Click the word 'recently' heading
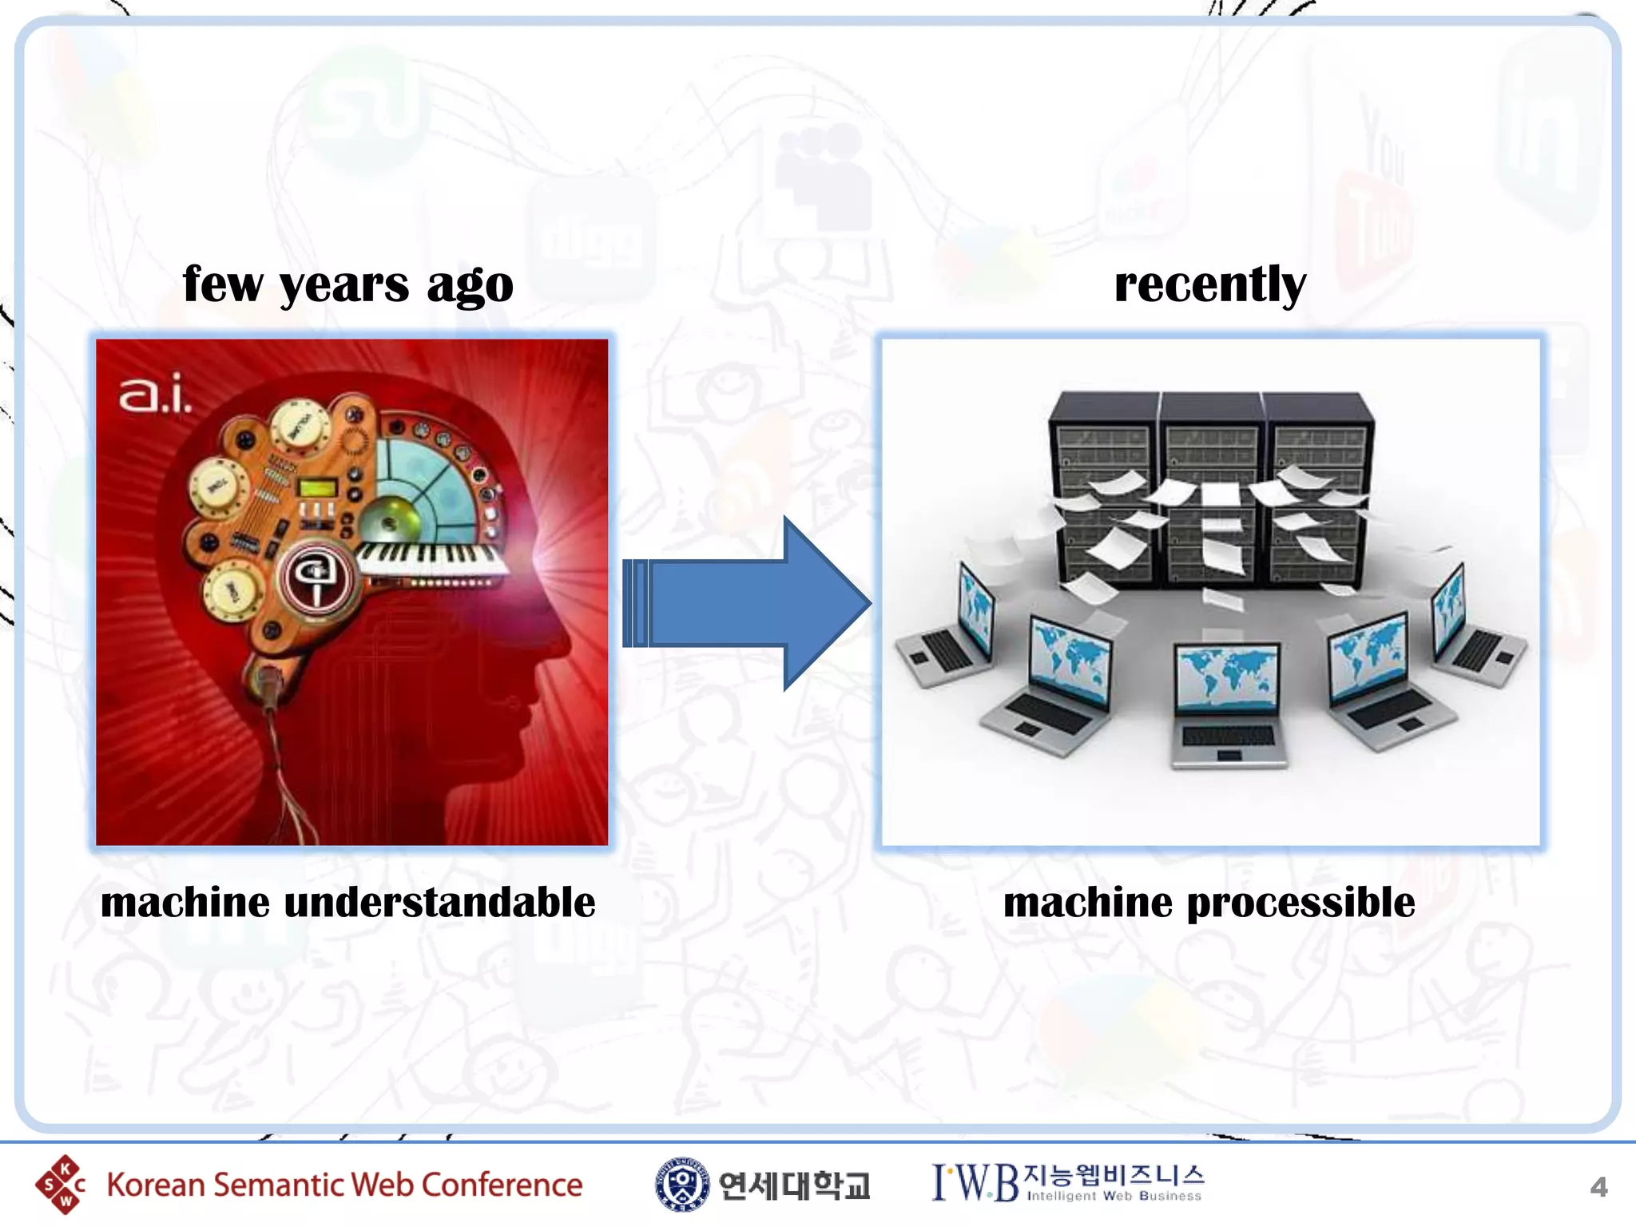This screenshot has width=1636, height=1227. click(x=1209, y=284)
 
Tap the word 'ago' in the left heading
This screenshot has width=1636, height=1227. click(x=470, y=286)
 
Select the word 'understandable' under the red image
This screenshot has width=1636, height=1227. click(x=439, y=903)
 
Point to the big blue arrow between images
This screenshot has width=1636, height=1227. click(x=747, y=603)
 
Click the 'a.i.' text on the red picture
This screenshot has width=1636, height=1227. click(x=155, y=395)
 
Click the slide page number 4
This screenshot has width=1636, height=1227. click(x=1598, y=1187)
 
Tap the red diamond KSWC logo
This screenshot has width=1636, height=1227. click(x=61, y=1185)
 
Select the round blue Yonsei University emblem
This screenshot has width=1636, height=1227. click(x=681, y=1185)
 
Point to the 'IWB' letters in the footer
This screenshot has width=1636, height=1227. click(x=975, y=1183)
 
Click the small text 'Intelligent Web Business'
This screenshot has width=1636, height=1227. click(x=1114, y=1197)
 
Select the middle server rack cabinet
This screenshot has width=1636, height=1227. click(x=1211, y=487)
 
